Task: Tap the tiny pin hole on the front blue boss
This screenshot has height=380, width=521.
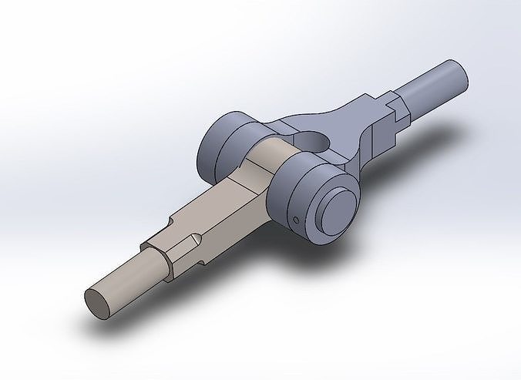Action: (x=297, y=220)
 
